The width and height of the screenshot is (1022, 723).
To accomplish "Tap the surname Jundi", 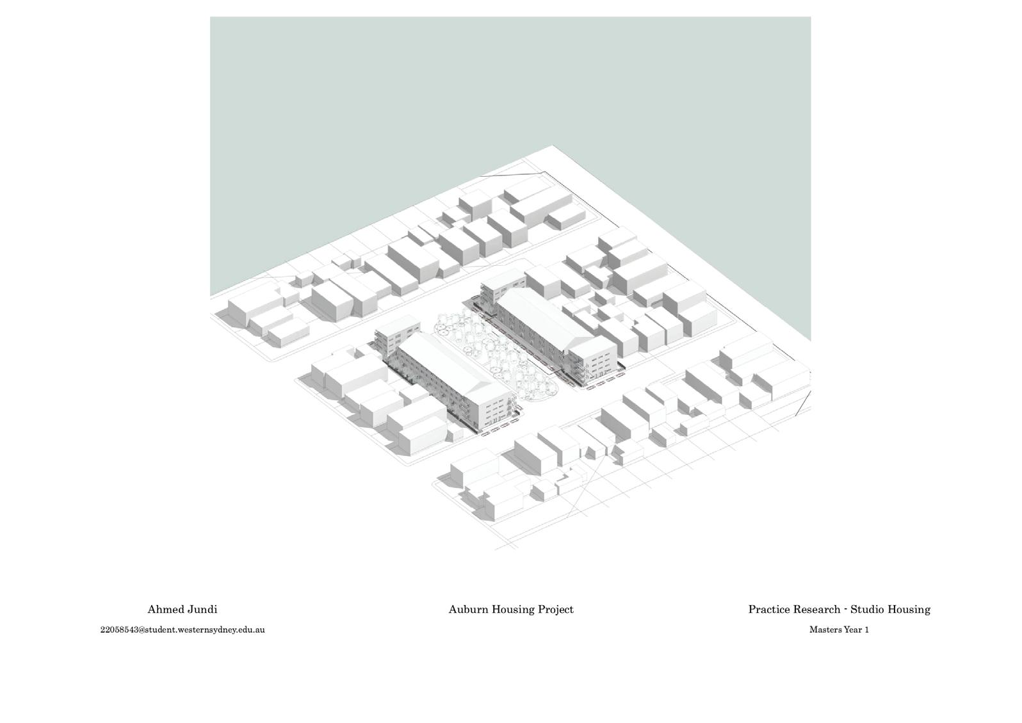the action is pyautogui.click(x=202, y=609).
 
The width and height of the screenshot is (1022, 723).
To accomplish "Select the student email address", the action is pyautogui.click(x=182, y=630).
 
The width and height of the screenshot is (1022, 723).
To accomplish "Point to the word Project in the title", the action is pyautogui.click(x=556, y=609).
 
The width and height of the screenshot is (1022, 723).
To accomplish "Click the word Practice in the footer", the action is pyautogui.click(x=770, y=609).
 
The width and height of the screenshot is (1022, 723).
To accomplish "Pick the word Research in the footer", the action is pyautogui.click(x=817, y=609).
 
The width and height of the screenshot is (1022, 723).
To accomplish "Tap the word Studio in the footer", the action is pyautogui.click(x=868, y=609).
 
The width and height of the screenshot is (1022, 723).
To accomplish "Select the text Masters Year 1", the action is pyautogui.click(x=839, y=630).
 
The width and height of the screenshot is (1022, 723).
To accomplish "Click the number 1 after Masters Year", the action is pyautogui.click(x=866, y=630).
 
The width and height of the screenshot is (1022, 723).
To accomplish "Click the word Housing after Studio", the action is pyautogui.click(x=909, y=609).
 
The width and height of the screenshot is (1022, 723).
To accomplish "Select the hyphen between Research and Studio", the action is pyautogui.click(x=845, y=608).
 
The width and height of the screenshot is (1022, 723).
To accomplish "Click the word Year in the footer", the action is pyautogui.click(x=852, y=630).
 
